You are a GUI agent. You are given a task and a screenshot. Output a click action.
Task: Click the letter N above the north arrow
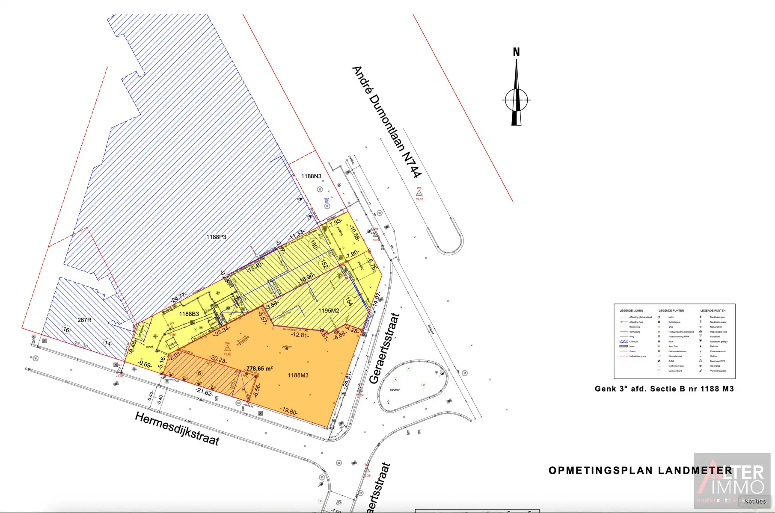click(516, 52)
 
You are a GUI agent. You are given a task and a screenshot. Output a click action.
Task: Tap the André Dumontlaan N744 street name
click(386, 122)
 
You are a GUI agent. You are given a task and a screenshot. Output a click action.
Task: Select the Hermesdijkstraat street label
click(177, 428)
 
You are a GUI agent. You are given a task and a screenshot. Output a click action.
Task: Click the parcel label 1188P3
click(216, 237)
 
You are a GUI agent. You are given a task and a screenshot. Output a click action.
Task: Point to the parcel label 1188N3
click(311, 176)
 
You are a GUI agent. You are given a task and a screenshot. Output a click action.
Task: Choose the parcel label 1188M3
click(298, 375)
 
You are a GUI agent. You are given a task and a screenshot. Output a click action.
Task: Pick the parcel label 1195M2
click(329, 311)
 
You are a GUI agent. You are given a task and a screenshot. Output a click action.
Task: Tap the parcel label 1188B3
click(189, 314)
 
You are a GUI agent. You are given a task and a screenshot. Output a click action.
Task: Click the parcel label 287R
click(84, 320)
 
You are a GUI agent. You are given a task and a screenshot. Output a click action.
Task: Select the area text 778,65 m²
click(259, 369)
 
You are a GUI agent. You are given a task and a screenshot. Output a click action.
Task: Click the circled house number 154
click(349, 301)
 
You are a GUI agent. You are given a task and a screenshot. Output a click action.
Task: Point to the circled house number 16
click(66, 330)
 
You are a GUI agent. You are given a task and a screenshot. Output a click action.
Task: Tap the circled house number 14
click(108, 343)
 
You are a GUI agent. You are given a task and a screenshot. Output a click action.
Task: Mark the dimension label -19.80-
click(289, 411)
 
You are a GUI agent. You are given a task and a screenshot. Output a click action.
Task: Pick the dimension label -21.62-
click(204, 392)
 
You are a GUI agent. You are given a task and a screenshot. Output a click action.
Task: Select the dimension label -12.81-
click(300, 335)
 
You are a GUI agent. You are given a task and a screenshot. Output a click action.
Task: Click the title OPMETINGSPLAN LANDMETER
click(640, 471)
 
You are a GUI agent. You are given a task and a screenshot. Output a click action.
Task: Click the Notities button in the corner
click(754, 501)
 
